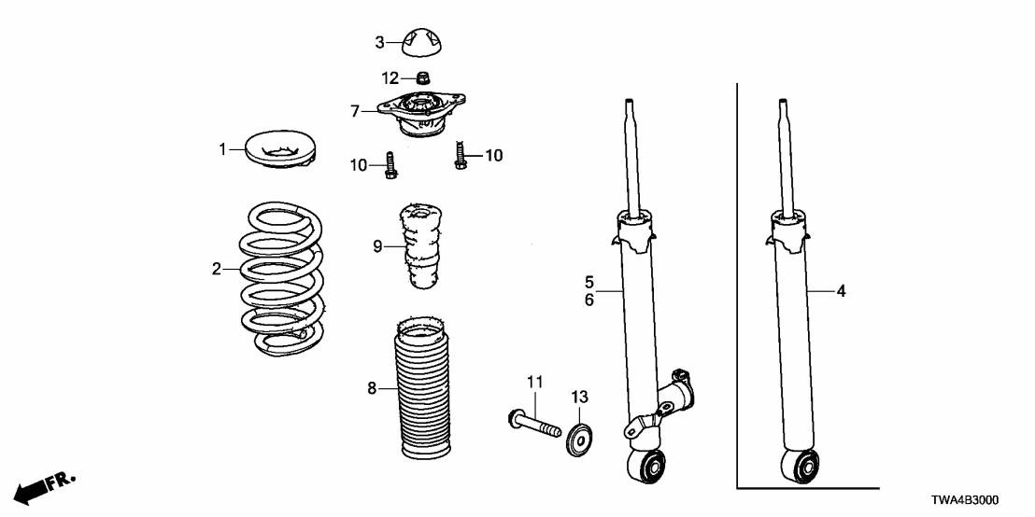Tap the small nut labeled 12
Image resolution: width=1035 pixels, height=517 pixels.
coord(421,77)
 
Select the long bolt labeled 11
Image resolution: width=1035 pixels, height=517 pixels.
coord(533,421)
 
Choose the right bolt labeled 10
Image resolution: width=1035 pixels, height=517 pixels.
coord(461,155)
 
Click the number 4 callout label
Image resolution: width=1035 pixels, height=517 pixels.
coord(841,292)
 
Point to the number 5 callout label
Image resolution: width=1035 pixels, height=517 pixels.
coord(589,281)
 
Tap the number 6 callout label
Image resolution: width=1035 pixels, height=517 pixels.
coord(589,300)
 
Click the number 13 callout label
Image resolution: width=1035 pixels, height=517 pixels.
coord(579,398)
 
